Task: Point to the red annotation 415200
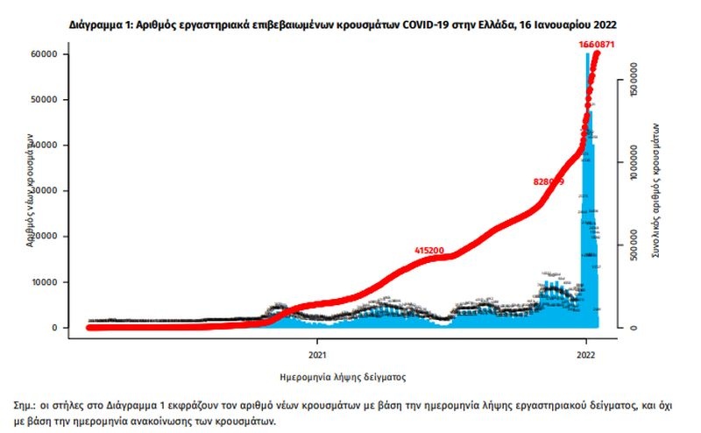click(x=429, y=251)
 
